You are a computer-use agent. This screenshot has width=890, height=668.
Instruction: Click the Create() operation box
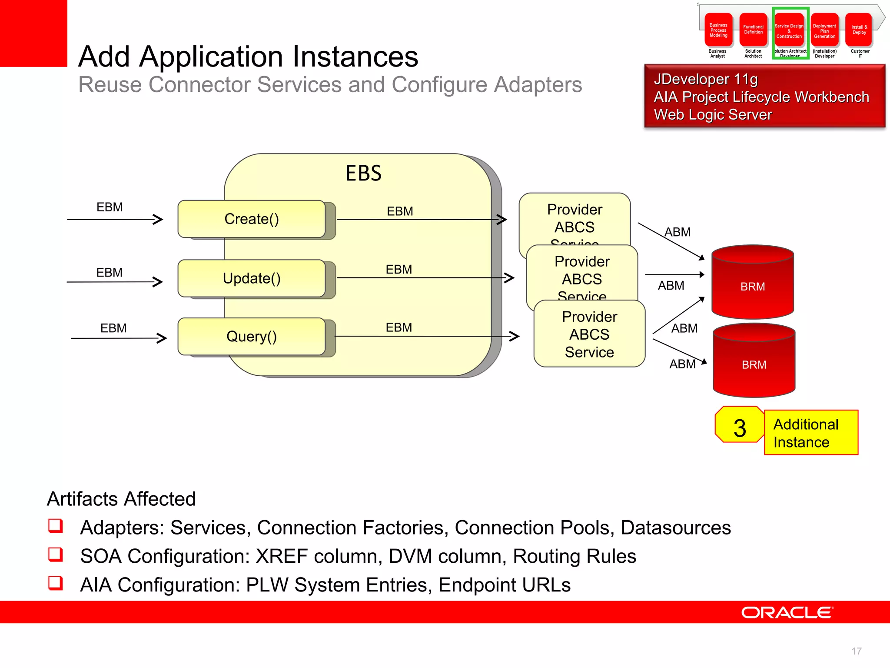[x=252, y=219]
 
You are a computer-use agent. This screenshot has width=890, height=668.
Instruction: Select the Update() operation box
[x=252, y=278]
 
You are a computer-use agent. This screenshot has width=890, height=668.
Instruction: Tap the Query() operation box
[x=252, y=336]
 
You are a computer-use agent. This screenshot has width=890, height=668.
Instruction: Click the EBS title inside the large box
[x=363, y=173]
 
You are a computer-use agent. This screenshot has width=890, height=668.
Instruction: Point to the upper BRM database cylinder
[x=753, y=286]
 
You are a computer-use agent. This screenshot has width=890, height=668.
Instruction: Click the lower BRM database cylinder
[x=754, y=364]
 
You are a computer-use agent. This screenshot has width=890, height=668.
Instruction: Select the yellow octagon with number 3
[x=739, y=428]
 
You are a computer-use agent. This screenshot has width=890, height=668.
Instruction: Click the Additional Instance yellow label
[x=810, y=433]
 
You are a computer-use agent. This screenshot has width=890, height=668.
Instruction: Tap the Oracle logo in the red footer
[x=787, y=612]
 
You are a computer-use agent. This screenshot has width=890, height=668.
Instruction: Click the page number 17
[x=856, y=651]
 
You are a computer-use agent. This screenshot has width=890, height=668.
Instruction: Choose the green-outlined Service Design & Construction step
[x=789, y=31]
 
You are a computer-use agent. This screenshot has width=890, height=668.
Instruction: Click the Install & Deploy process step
[x=859, y=30]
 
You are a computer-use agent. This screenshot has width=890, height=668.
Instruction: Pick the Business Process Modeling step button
[x=718, y=30]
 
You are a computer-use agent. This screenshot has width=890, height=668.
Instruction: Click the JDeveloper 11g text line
[x=706, y=79]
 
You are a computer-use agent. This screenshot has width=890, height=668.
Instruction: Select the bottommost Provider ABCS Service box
[x=589, y=334]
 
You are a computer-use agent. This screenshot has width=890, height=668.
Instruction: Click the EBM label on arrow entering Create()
[x=110, y=207]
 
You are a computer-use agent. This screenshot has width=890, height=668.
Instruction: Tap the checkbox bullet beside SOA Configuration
[x=56, y=554]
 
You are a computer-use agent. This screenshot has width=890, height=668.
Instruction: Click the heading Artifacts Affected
[x=121, y=499]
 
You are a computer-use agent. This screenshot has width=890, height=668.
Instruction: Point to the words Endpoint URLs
[x=504, y=585]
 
